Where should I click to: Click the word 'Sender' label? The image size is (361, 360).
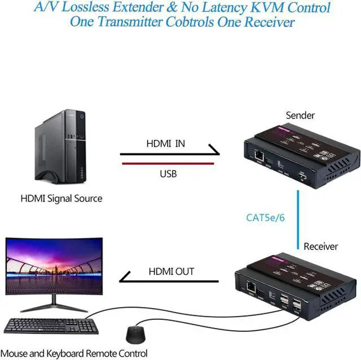[300, 116]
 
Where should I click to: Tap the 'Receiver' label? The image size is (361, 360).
[320, 247]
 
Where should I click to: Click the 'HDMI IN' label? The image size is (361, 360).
[165, 144]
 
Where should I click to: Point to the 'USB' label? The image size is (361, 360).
[168, 174]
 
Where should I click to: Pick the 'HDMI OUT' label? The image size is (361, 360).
[171, 271]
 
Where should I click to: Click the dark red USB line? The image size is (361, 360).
[169, 164]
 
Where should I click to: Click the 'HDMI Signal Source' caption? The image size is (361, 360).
[61, 199]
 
